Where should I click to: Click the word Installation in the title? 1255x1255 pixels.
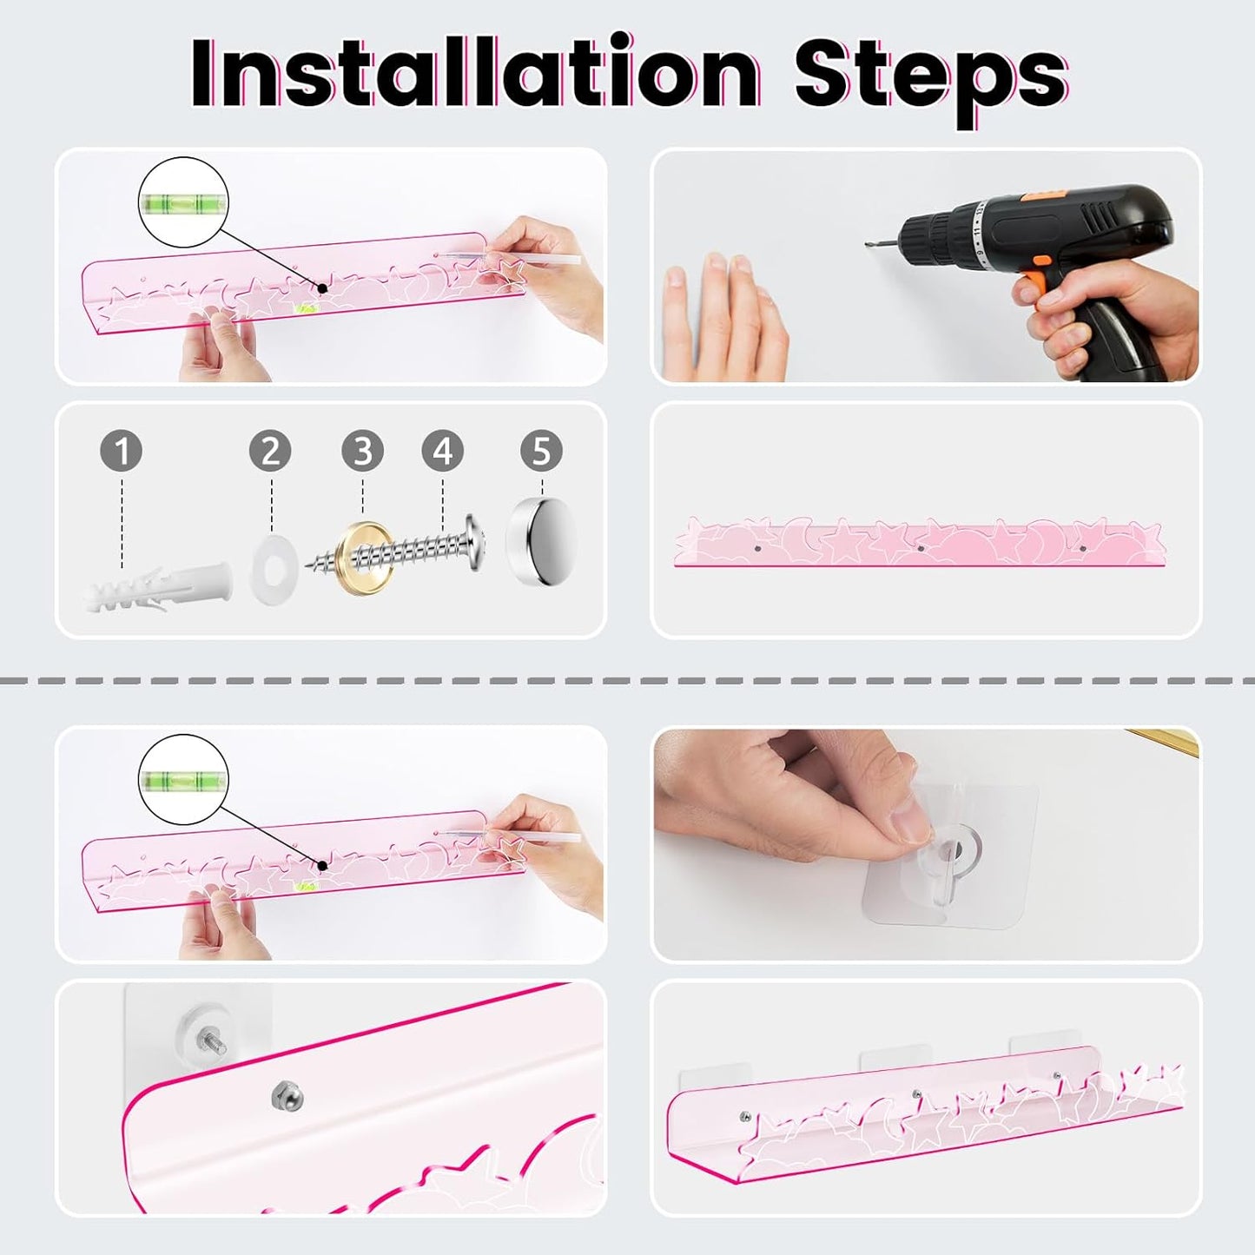(475, 73)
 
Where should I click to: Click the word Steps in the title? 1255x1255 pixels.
(931, 79)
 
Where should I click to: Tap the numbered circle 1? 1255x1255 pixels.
(122, 450)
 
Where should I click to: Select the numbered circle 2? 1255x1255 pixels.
(271, 450)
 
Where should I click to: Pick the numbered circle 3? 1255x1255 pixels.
(363, 450)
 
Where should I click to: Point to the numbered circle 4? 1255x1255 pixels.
(443, 450)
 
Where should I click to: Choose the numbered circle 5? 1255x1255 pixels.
(542, 450)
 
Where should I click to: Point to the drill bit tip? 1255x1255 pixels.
(868, 244)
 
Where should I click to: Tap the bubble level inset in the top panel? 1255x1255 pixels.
(183, 202)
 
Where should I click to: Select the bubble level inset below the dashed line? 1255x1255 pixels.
(183, 780)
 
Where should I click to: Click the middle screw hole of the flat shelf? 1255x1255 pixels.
(921, 549)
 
